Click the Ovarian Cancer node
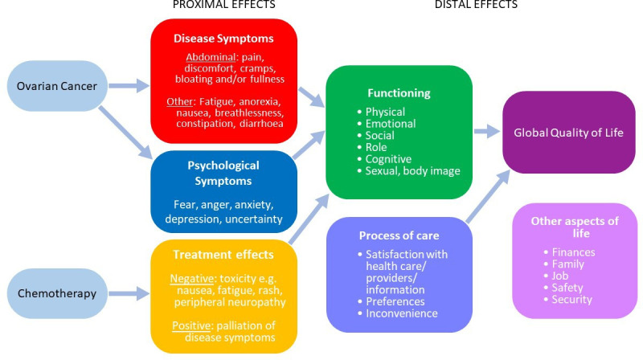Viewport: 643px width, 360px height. (x=59, y=86)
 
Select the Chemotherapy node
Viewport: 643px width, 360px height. (x=59, y=293)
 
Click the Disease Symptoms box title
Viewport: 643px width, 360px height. (x=223, y=38)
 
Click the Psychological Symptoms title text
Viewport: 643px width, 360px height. (x=223, y=172)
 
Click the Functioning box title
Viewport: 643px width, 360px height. (x=398, y=93)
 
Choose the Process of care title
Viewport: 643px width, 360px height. (x=398, y=235)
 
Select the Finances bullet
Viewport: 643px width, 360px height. (x=572, y=251)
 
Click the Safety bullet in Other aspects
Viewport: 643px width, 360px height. (x=568, y=288)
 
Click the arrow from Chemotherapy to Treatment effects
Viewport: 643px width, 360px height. (x=129, y=293)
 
